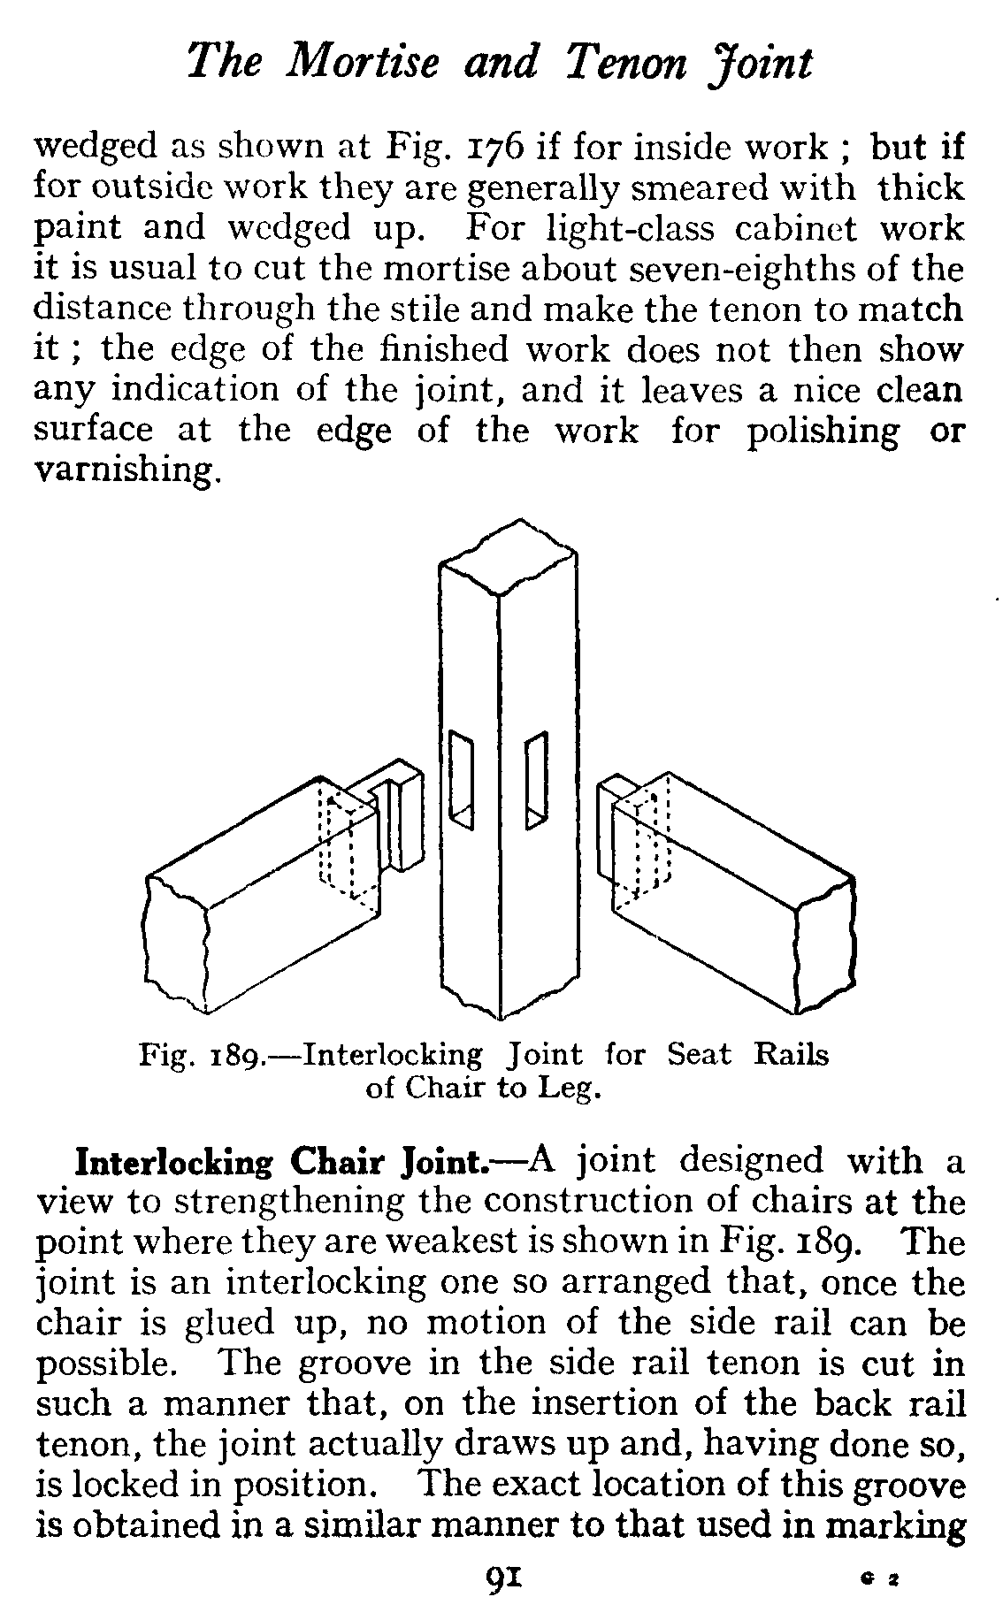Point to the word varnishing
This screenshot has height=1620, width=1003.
point(123,470)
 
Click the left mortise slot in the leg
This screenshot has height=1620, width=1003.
point(461,778)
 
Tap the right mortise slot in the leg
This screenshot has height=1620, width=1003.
point(536,778)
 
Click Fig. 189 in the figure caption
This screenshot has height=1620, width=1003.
point(198,1056)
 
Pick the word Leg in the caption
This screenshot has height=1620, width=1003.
point(567,1089)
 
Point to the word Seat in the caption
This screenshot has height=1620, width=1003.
point(699,1055)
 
